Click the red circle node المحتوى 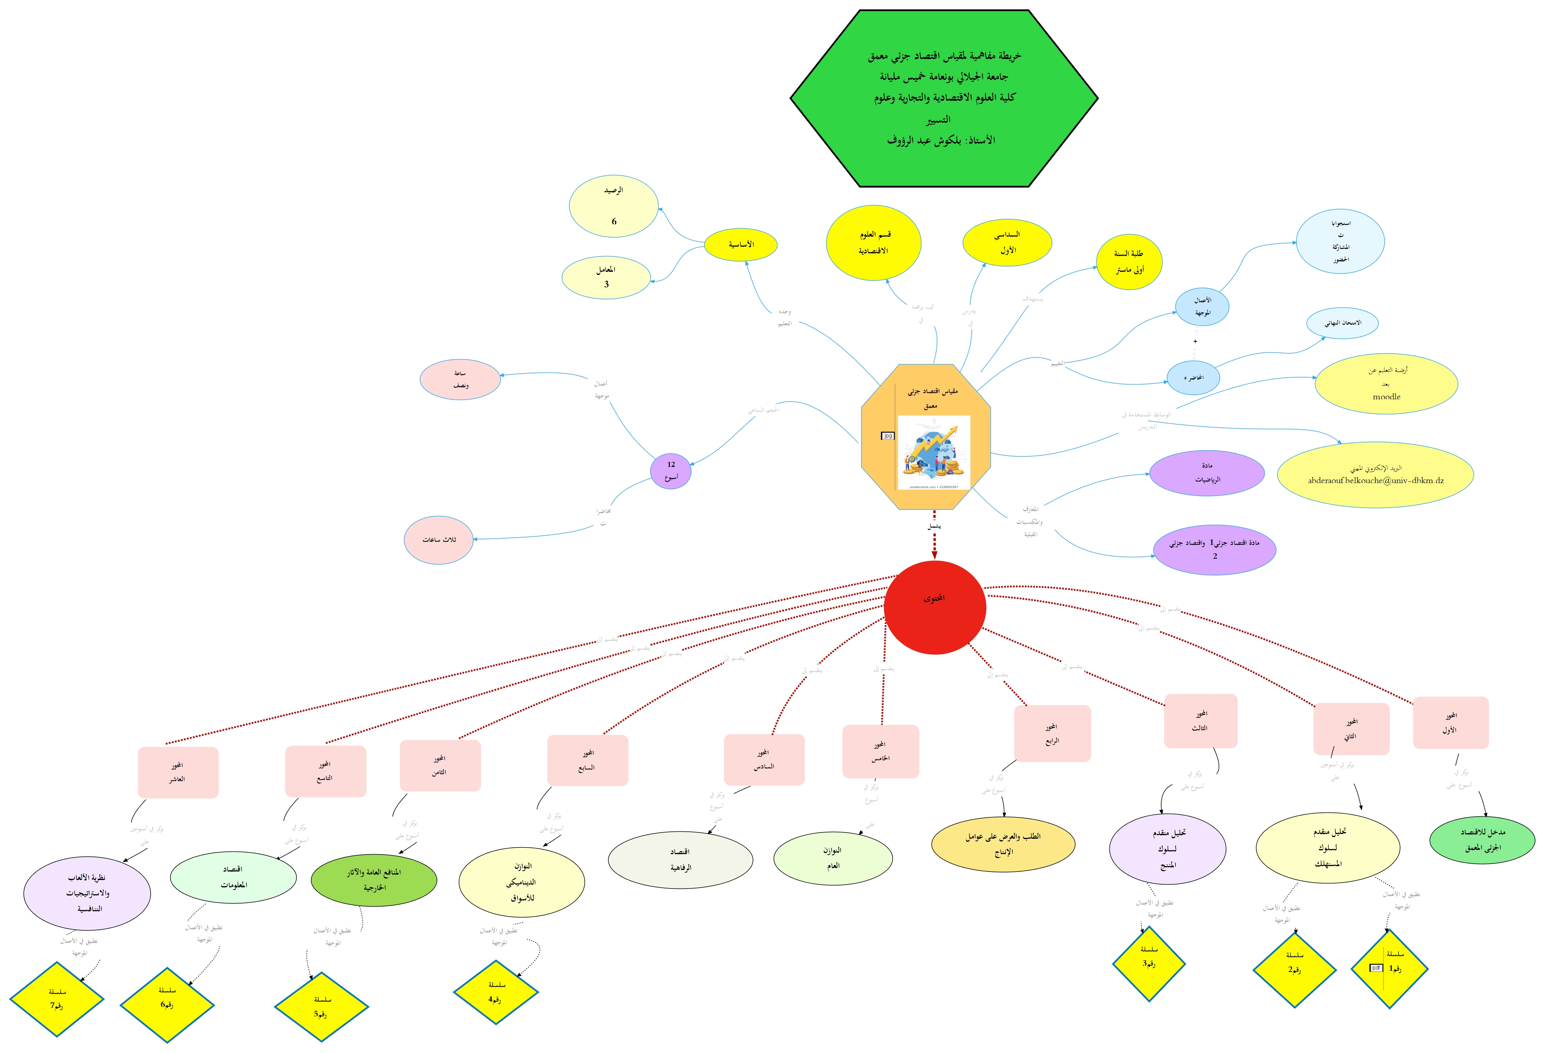tap(935, 607)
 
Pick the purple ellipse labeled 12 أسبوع tap(670, 471)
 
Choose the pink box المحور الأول tap(1450, 722)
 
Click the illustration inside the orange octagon tap(933, 452)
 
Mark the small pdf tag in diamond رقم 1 tap(1376, 968)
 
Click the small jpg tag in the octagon tap(887, 436)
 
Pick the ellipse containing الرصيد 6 tap(614, 206)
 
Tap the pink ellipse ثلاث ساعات tap(439, 539)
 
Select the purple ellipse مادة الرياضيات tap(1207, 473)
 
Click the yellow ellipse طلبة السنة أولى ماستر tap(1129, 261)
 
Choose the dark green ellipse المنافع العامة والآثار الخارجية tap(374, 879)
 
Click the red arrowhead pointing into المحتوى tap(934, 555)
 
